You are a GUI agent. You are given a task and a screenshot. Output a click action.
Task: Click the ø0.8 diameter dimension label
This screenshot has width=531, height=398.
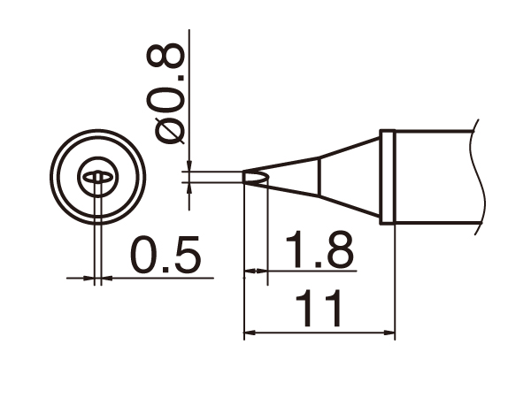point(165,94)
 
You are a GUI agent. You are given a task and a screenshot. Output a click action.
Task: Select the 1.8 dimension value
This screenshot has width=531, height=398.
point(319,249)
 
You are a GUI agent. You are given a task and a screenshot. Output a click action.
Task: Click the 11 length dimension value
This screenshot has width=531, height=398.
point(318,309)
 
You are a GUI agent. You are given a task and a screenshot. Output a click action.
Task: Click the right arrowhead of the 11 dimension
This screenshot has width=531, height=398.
point(389,333)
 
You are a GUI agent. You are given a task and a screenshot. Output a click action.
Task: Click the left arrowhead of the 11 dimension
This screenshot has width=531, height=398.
point(250,333)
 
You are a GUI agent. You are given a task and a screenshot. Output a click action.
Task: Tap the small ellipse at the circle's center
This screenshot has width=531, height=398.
point(97,177)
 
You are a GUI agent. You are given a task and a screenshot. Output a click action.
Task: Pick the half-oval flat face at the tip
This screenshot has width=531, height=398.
point(256,177)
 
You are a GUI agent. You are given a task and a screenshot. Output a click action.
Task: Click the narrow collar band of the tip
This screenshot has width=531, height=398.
point(387,176)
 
